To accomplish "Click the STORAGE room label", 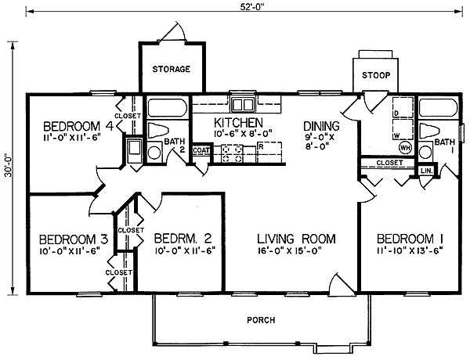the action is pyautogui.click(x=171, y=69).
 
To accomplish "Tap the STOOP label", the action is pyautogui.click(x=376, y=75).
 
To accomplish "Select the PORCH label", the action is pyautogui.click(x=261, y=320).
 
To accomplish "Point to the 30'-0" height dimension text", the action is pyautogui.click(x=9, y=168).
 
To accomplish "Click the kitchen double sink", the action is pyautogui.click(x=243, y=105).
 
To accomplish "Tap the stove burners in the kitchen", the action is pyautogui.click(x=232, y=154).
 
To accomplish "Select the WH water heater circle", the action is pyautogui.click(x=405, y=147).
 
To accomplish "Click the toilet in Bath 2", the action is pyautogui.click(x=157, y=130).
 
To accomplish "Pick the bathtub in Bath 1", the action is pyautogui.click(x=438, y=107).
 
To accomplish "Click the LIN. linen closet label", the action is pyautogui.click(x=427, y=171).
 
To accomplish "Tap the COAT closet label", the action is pyautogui.click(x=201, y=150).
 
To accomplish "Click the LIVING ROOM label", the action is pyautogui.click(x=296, y=239).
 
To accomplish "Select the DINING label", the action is pyautogui.click(x=321, y=126).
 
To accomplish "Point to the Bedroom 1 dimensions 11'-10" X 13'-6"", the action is pyautogui.click(x=410, y=250).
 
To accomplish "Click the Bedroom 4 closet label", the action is pyautogui.click(x=128, y=115).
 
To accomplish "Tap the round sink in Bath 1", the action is pyautogui.click(x=425, y=152).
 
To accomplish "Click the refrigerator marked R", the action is pyautogui.click(x=269, y=153).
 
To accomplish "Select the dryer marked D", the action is pyautogui.click(x=403, y=107).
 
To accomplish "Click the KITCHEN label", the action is pyautogui.click(x=239, y=123).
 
